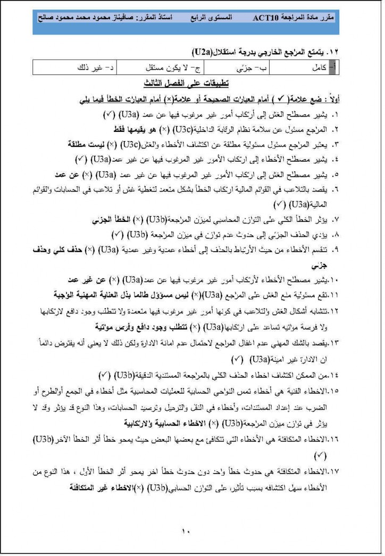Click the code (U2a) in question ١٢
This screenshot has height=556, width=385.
[x=200, y=52]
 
